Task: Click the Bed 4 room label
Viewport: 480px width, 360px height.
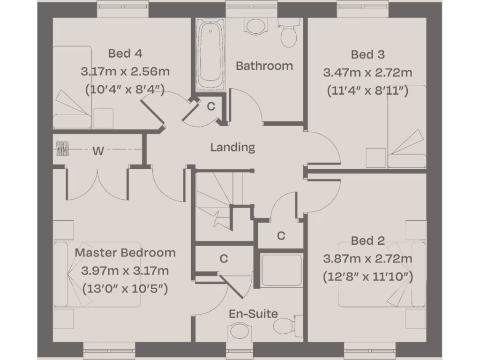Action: tap(125, 53)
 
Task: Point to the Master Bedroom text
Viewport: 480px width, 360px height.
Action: tap(125, 253)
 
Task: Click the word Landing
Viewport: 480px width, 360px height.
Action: tap(232, 148)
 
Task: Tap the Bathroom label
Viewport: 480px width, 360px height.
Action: tap(264, 66)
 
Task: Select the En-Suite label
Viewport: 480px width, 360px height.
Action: tap(253, 314)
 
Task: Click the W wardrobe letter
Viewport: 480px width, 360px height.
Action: tap(98, 151)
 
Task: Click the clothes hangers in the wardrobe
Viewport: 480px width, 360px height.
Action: tap(62, 149)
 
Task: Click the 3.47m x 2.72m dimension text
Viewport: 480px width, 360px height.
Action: tap(367, 73)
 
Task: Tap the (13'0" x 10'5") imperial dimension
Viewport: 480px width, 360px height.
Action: tap(125, 289)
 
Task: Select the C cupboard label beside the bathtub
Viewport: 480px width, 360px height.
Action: tap(211, 106)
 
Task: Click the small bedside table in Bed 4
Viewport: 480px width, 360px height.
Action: tap(104, 118)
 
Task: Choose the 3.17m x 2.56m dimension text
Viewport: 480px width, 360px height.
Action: tap(125, 72)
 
